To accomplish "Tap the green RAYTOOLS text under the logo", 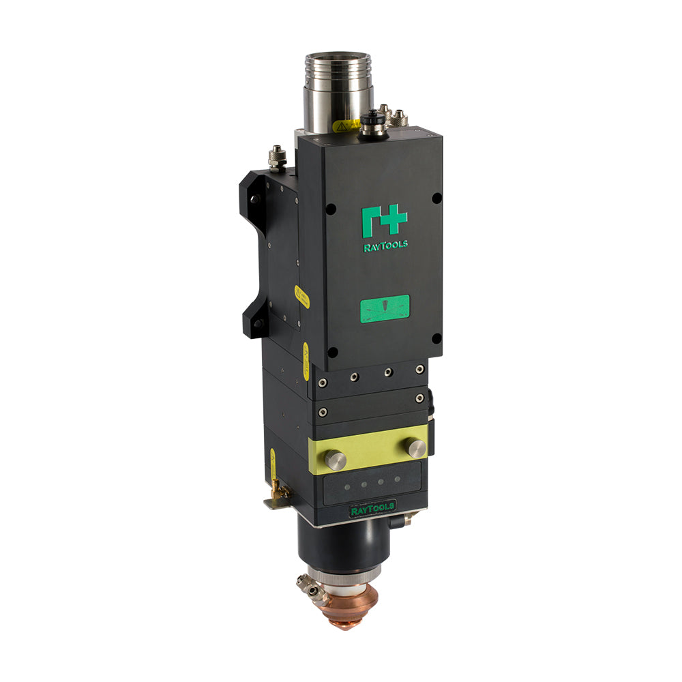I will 386,246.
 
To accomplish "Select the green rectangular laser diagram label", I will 385,308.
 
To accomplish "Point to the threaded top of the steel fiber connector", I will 337,68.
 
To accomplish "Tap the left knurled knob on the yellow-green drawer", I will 335,460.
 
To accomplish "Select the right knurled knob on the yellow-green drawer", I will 415,447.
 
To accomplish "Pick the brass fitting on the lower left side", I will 277,487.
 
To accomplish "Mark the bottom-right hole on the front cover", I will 436,338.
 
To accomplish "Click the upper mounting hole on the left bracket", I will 255,199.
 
